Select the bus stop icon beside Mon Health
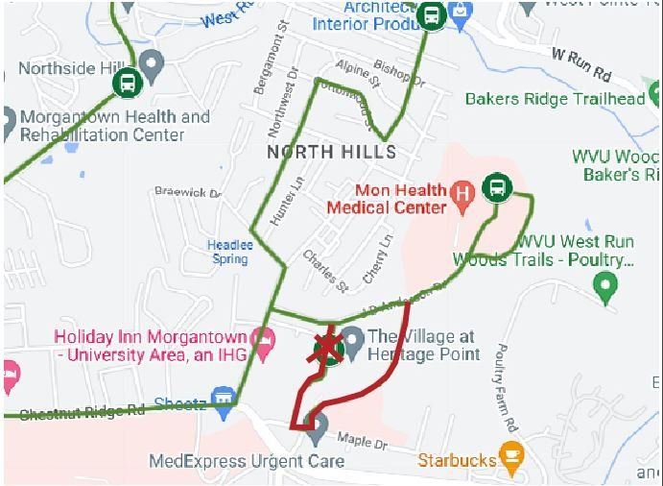[x=497, y=187]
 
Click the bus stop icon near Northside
[x=127, y=83]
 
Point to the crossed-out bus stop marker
[x=328, y=350]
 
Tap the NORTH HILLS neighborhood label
[x=331, y=153]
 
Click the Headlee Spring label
[x=230, y=252]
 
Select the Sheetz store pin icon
[x=225, y=397]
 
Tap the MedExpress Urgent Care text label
[x=247, y=462]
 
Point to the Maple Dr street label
[x=360, y=442]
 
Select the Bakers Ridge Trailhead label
[x=555, y=99]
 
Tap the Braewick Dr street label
[x=188, y=192]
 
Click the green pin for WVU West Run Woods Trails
[x=604, y=284]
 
